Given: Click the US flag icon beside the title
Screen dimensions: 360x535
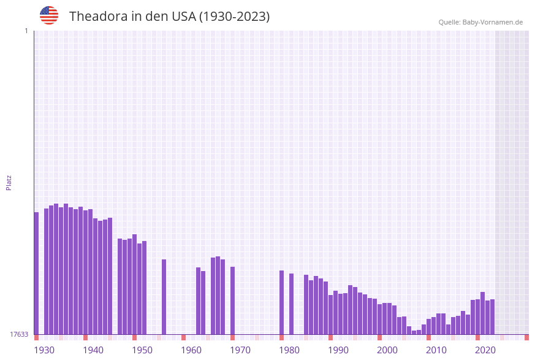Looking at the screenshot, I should [49, 15].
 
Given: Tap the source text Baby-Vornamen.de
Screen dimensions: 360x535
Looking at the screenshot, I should [493, 22].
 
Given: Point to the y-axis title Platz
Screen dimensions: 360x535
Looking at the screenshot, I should [9, 182].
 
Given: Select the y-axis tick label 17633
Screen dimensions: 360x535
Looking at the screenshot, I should [19, 334].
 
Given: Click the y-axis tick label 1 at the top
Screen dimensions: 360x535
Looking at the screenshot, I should [26, 31].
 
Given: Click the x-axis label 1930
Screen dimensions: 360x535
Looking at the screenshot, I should [44, 350].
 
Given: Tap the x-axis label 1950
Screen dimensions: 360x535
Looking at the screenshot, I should [142, 350].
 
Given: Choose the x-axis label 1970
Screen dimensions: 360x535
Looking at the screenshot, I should [240, 350].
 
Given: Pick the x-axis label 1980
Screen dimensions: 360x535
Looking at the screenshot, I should [289, 350].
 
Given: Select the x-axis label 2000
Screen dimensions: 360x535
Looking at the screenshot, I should [387, 350].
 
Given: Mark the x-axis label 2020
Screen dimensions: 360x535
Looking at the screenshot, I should [485, 350].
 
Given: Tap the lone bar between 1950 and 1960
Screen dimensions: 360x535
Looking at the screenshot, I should [164, 297].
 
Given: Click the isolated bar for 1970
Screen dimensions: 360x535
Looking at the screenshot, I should [232, 301].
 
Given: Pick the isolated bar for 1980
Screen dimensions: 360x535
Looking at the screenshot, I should [281, 302].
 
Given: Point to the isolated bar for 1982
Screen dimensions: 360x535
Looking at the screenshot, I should [291, 304].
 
